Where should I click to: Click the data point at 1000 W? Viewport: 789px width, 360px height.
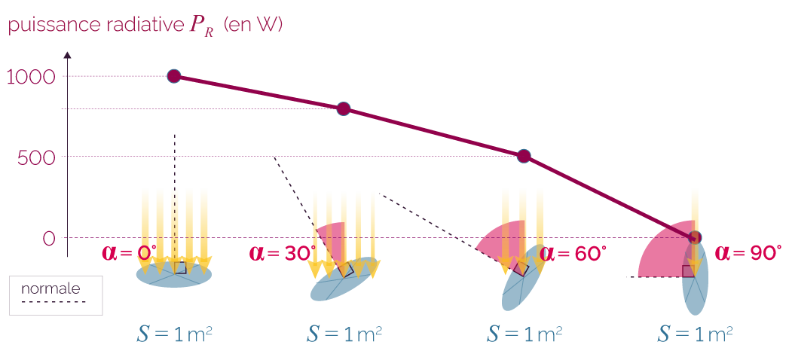173,76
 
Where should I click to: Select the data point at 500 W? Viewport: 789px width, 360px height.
524,157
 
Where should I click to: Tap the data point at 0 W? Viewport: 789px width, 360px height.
695,238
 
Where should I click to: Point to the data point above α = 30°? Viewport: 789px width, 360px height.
343,108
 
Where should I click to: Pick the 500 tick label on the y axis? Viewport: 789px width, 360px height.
36,157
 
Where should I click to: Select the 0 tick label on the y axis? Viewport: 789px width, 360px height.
49,238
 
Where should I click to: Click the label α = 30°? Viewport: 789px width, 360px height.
282,252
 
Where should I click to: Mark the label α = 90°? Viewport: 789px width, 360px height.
748,252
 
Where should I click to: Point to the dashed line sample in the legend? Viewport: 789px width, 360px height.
54,302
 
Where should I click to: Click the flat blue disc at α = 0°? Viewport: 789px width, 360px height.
174,275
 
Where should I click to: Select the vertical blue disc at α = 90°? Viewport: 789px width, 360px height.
695,282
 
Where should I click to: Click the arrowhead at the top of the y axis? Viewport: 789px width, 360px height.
68,55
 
